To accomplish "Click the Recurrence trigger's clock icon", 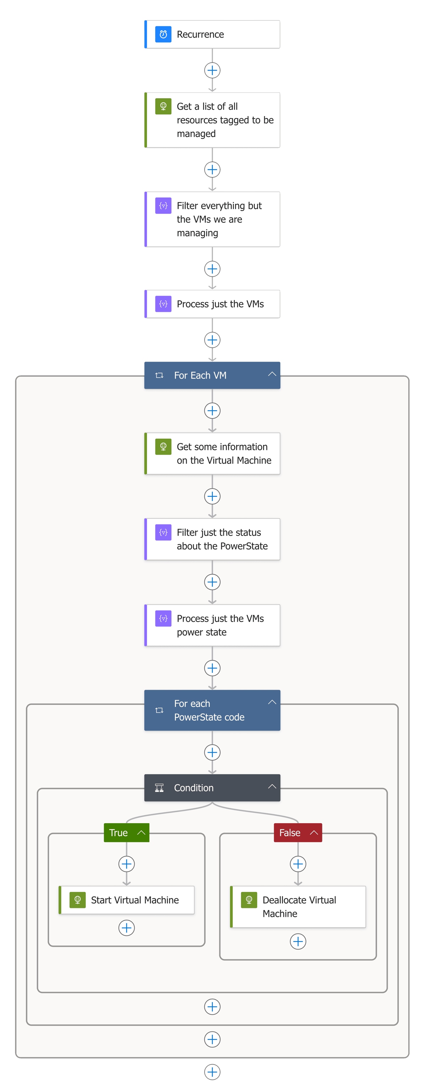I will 163,34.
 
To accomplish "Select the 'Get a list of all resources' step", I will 212,120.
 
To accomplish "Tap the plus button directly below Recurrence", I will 212,70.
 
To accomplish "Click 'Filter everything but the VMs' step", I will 212,219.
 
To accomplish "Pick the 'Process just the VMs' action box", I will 212,304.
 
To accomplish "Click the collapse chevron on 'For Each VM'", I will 272,374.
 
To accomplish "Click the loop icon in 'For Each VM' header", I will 159,375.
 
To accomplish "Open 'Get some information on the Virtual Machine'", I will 212,453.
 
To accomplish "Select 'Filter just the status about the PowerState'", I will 212,539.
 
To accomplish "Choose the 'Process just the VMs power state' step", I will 212,625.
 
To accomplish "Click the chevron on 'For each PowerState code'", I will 272,702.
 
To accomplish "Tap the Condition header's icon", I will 159,788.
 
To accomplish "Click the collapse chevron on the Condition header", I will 272,786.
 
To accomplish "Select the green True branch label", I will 119,832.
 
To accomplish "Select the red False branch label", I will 290,832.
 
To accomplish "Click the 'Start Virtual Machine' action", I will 127,900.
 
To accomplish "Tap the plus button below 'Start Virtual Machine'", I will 126,928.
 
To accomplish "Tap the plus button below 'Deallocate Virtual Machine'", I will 298,941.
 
